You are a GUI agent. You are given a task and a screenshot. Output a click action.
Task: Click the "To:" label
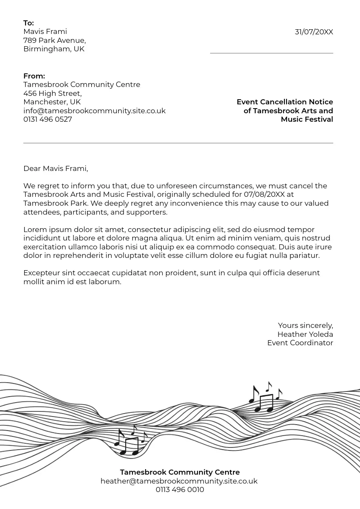pos(28,23)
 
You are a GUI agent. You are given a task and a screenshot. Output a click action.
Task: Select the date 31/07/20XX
pos(314,32)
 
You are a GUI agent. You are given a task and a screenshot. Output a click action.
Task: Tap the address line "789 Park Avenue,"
pos(54,40)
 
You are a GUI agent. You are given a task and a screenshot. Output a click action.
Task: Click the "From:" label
pos(34,76)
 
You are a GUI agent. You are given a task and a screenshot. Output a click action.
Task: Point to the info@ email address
pos(94,111)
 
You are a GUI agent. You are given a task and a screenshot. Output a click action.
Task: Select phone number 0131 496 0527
pos(48,119)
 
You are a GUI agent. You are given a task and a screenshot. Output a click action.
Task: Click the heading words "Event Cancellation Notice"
pos(284,102)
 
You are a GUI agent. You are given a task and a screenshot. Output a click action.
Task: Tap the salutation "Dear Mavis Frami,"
pos(56,168)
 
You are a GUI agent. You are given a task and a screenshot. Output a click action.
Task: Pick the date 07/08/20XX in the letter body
pos(264,194)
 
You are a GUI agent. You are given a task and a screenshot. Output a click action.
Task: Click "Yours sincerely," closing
pos(305,325)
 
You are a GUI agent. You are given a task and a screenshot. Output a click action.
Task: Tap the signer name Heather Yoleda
pos(305,334)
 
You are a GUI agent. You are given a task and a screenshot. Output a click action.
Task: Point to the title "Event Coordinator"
pos(300,343)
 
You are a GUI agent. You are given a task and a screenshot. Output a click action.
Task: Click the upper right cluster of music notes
pos(265,397)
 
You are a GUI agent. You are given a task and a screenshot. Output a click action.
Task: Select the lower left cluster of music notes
pos(130,441)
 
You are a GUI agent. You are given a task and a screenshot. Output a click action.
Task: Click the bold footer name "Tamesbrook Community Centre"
pos(180,472)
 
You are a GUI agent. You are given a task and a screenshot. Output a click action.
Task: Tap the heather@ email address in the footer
pos(179,481)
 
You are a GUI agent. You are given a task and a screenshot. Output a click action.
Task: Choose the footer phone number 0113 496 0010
pos(180,489)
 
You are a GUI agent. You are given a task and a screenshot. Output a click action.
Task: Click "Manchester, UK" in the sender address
pos(52,102)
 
